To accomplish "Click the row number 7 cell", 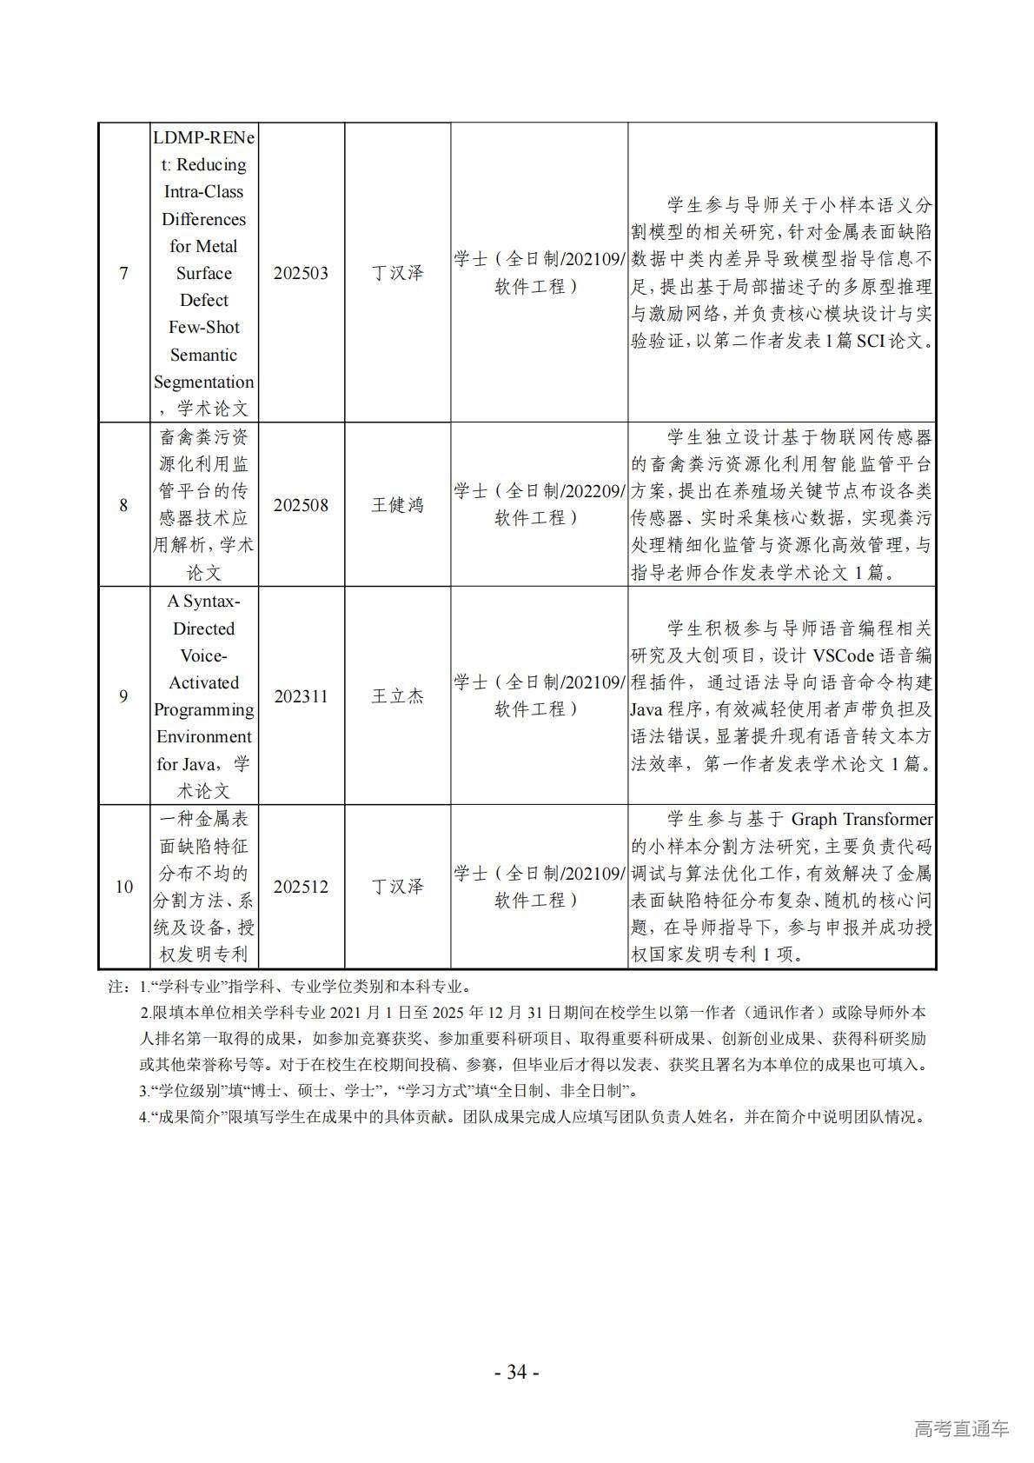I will (123, 274).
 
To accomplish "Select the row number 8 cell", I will (123, 505).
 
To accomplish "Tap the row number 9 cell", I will (123, 696).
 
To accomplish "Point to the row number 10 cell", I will (123, 887).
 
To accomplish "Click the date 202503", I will (301, 274).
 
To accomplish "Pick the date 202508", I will (301, 505).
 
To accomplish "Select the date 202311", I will (301, 696).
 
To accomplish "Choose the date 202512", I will (301, 887).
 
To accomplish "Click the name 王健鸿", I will (397, 505).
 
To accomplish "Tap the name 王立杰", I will (397, 696).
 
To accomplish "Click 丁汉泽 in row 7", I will (397, 274).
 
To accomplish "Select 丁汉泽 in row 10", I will (397, 887).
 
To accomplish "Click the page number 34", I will (516, 1373).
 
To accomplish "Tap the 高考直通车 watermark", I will (961, 1428).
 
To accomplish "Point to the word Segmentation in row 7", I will (203, 382).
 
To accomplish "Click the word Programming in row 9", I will (203, 709).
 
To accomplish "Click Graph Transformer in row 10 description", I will (861, 819).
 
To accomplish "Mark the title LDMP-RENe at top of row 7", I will (203, 137).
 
